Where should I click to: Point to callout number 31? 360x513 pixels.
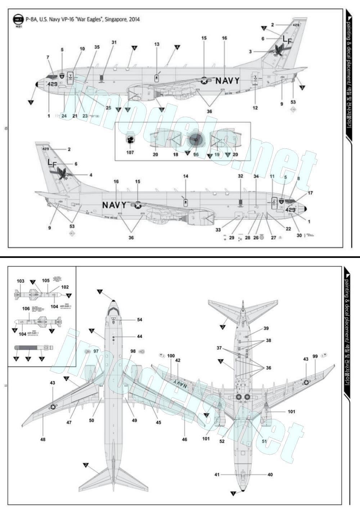tap(114, 43)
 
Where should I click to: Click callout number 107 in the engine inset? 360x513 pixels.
tap(130, 153)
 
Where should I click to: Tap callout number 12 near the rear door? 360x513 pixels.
tap(256, 108)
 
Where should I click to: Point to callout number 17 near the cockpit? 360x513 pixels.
tap(310, 193)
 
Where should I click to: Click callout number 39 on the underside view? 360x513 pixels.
tap(266, 328)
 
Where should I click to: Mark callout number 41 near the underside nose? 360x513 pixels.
tap(217, 474)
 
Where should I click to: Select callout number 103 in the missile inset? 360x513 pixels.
tap(21, 281)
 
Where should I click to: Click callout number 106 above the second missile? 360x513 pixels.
tap(26, 309)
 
